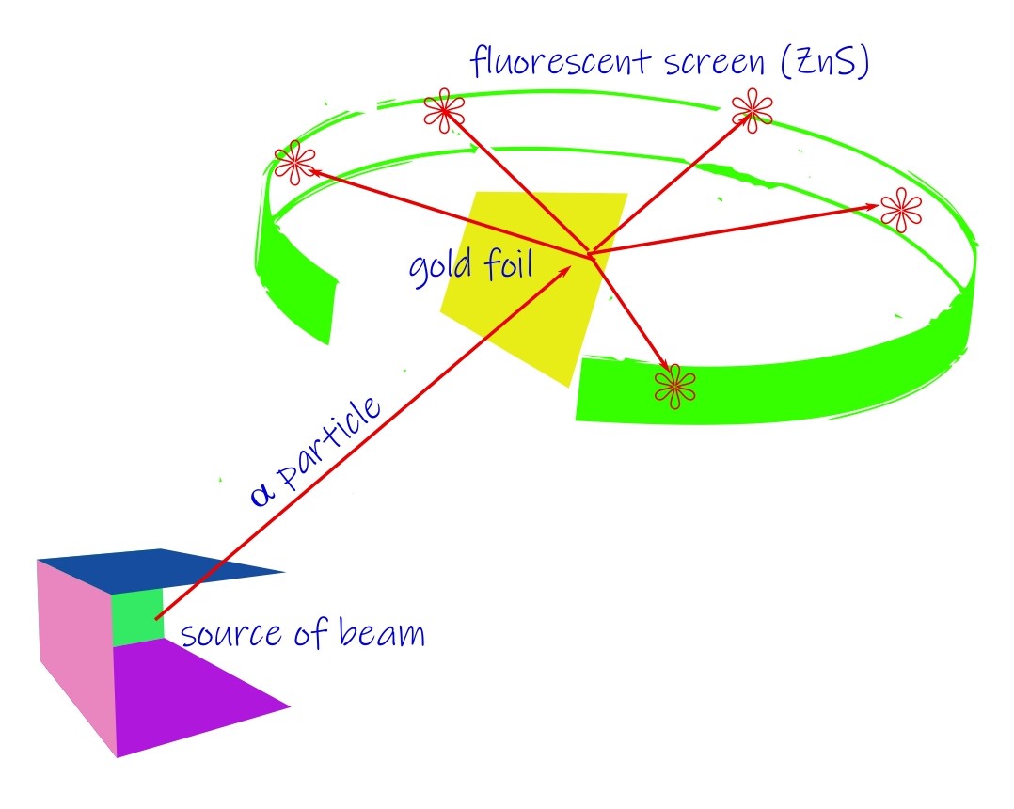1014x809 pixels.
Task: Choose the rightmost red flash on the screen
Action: [900, 210]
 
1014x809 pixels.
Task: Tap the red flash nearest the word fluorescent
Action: [443, 111]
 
